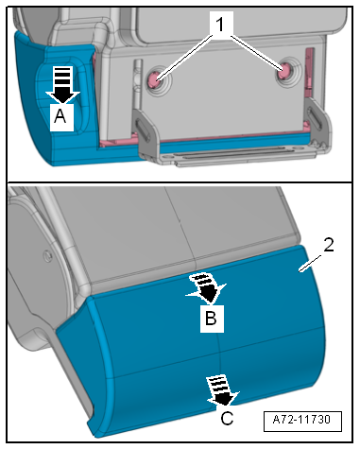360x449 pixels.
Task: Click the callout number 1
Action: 220,25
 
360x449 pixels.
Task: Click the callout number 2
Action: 329,245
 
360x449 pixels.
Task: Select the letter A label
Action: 60,117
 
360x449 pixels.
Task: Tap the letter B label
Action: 211,319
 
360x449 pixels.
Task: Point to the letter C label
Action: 227,419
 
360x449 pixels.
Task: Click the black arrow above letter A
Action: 62,84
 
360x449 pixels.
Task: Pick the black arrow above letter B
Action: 205,289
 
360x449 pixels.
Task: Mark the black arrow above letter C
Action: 222,391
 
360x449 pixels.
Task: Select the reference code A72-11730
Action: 301,420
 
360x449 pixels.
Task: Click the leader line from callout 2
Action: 311,263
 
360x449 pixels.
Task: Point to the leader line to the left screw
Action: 184,58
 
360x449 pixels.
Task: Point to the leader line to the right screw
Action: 257,54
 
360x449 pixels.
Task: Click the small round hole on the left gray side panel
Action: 47,256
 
